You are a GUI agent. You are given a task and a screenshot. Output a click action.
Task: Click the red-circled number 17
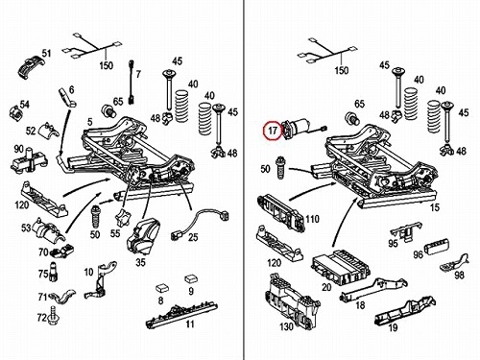coord(273,131)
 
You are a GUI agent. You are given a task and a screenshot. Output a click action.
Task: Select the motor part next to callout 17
coord(300,128)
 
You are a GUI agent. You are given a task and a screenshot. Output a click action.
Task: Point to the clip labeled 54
coord(16,111)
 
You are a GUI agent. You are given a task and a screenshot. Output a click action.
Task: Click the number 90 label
coord(19,149)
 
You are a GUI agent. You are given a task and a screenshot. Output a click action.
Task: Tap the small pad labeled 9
coord(190,278)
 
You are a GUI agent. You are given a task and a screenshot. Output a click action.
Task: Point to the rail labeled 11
coord(181,315)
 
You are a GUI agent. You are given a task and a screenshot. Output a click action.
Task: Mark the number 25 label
coord(193,237)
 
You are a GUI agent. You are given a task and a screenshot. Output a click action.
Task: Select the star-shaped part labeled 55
coord(122,218)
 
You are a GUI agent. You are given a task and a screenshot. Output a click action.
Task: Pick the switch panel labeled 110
coord(280,212)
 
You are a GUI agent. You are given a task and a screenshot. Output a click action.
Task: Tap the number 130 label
coord(286,326)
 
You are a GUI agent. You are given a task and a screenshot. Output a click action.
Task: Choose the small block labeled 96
coord(437,247)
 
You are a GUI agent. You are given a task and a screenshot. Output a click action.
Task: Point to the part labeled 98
coord(455,262)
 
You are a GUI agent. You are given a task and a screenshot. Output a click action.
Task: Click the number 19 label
coord(393,327)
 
